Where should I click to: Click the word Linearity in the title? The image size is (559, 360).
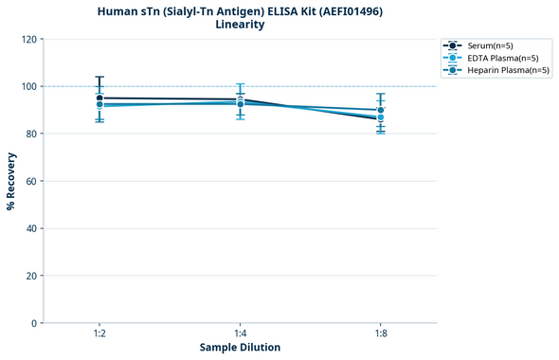240,25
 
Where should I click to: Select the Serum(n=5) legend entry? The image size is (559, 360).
490,45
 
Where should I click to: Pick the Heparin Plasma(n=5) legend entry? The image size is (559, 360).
508,70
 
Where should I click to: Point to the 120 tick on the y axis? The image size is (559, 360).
27,39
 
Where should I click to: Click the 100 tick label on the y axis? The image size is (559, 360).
27,86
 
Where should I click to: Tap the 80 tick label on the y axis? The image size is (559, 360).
30,134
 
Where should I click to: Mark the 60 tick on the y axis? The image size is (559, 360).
30,181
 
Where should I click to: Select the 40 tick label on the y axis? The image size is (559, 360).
30,228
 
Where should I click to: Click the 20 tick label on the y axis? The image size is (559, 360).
30,276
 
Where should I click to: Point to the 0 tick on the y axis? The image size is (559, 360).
33,323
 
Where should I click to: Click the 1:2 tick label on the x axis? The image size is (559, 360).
99,333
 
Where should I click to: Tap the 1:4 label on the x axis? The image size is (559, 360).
240,333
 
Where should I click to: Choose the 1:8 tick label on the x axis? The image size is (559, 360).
380,333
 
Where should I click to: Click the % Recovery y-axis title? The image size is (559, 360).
11,181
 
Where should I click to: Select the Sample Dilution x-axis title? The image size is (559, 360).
240,348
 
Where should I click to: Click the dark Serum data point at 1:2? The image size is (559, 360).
99,98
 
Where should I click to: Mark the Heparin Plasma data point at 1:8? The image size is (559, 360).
380,111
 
